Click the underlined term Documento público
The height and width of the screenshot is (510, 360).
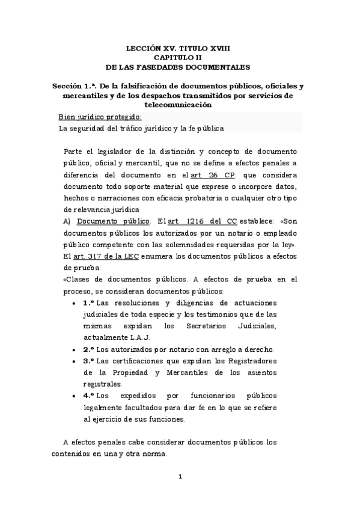click(114, 221)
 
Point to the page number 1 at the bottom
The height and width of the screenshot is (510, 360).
click(179, 478)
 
